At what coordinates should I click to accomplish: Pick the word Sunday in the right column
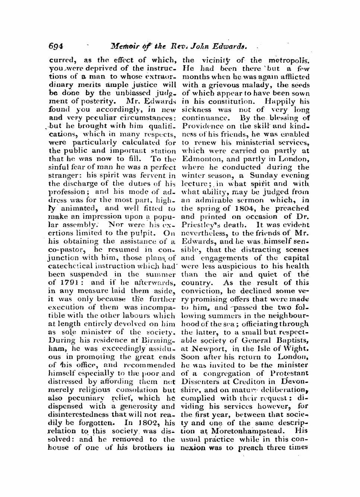click(x=263, y=176)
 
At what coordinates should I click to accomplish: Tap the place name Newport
click(x=206, y=349)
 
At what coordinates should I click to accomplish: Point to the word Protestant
click(x=287, y=373)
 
